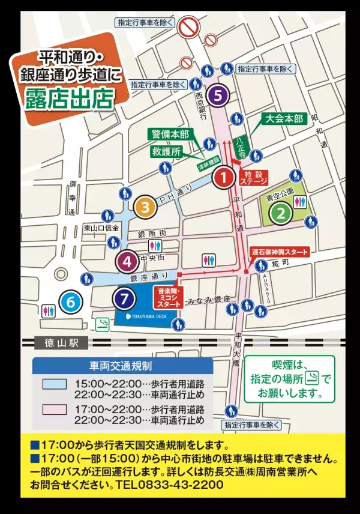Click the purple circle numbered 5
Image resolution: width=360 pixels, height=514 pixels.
[x=218, y=94]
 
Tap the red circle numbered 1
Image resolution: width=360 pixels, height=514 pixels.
[x=223, y=177]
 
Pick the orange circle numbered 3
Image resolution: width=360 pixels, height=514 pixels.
[x=145, y=207]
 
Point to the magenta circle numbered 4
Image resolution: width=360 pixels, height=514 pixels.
[x=127, y=261]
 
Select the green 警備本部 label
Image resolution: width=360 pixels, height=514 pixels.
[x=170, y=134]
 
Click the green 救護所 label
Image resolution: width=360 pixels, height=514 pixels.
[x=167, y=152]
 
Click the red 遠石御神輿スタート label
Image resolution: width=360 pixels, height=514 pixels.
[x=279, y=252]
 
